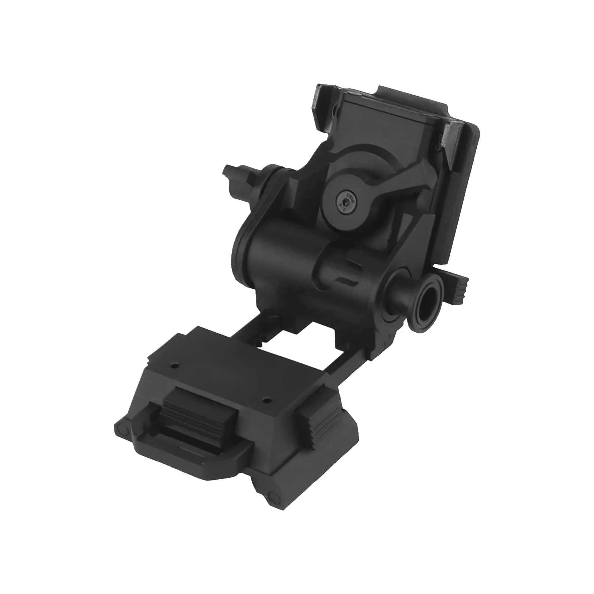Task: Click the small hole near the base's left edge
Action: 172,366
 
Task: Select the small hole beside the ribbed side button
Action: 265,400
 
